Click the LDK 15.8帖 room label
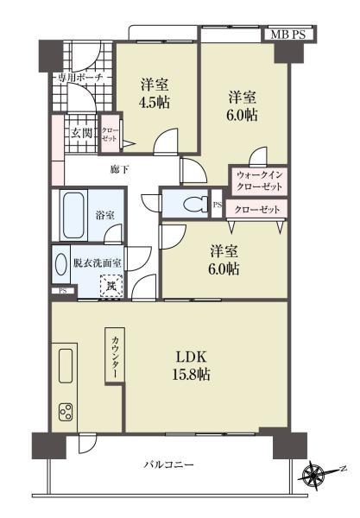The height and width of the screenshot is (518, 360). tap(193, 366)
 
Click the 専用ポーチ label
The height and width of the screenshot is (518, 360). tap(80, 78)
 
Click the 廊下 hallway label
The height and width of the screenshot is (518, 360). tap(120, 169)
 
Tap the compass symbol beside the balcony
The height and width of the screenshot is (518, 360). tap(314, 472)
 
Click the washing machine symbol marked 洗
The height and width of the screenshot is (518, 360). tap(111, 282)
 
